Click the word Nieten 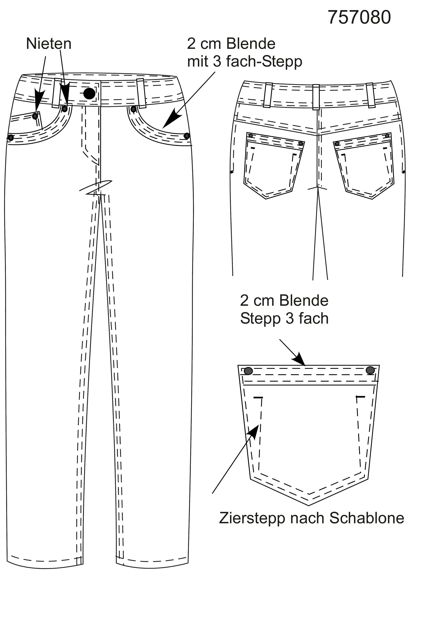pyautogui.click(x=49, y=44)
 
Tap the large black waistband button pyautogui.click(x=89, y=94)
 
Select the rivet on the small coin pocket pyautogui.click(x=35, y=116)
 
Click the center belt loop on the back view pyautogui.click(x=316, y=97)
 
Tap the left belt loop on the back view pyautogui.click(x=268, y=95)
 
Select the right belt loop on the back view pyautogui.click(x=371, y=95)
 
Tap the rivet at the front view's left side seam pyautogui.click(x=11, y=138)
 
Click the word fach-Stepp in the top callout pyautogui.click(x=264, y=62)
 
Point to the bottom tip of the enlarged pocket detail pyautogui.click(x=309, y=506)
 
